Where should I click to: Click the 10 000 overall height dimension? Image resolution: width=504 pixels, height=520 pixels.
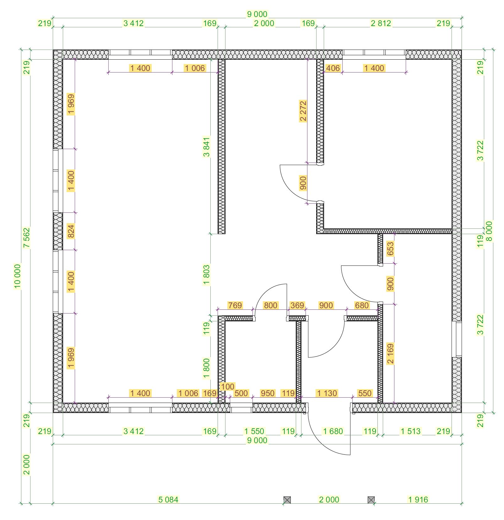[x=17, y=276]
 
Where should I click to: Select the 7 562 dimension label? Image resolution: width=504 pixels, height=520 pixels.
[x=27, y=238]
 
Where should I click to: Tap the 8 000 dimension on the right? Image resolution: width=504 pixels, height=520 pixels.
[x=489, y=231]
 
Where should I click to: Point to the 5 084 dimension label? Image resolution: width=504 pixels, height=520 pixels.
[x=168, y=499]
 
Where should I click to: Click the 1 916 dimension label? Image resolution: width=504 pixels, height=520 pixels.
[x=418, y=499]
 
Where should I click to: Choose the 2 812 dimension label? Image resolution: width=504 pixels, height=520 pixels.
[x=381, y=23]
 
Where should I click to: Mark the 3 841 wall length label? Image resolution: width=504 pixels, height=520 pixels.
[x=206, y=147]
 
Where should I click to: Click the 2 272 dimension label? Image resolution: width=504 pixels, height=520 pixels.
[x=303, y=111]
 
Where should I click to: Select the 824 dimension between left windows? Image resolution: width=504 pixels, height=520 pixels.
[x=71, y=231]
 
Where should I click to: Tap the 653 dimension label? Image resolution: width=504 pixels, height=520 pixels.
[x=390, y=249]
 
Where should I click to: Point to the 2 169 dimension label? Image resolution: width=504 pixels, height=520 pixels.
[x=390, y=354]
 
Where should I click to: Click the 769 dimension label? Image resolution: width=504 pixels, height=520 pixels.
[x=235, y=305]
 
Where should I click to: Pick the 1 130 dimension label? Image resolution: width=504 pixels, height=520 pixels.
[x=327, y=393]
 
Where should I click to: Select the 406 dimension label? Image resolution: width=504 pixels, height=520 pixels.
[x=333, y=68]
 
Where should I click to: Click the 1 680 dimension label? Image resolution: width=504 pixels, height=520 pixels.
[x=333, y=431]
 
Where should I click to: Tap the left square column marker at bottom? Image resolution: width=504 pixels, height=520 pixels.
[x=287, y=500]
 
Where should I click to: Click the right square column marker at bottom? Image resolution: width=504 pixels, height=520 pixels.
[x=371, y=500]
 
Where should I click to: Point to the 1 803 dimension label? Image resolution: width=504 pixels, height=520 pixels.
[x=206, y=275]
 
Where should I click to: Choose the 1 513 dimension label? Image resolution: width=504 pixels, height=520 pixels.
[x=410, y=431]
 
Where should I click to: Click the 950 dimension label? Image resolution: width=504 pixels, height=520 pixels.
[x=268, y=393]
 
